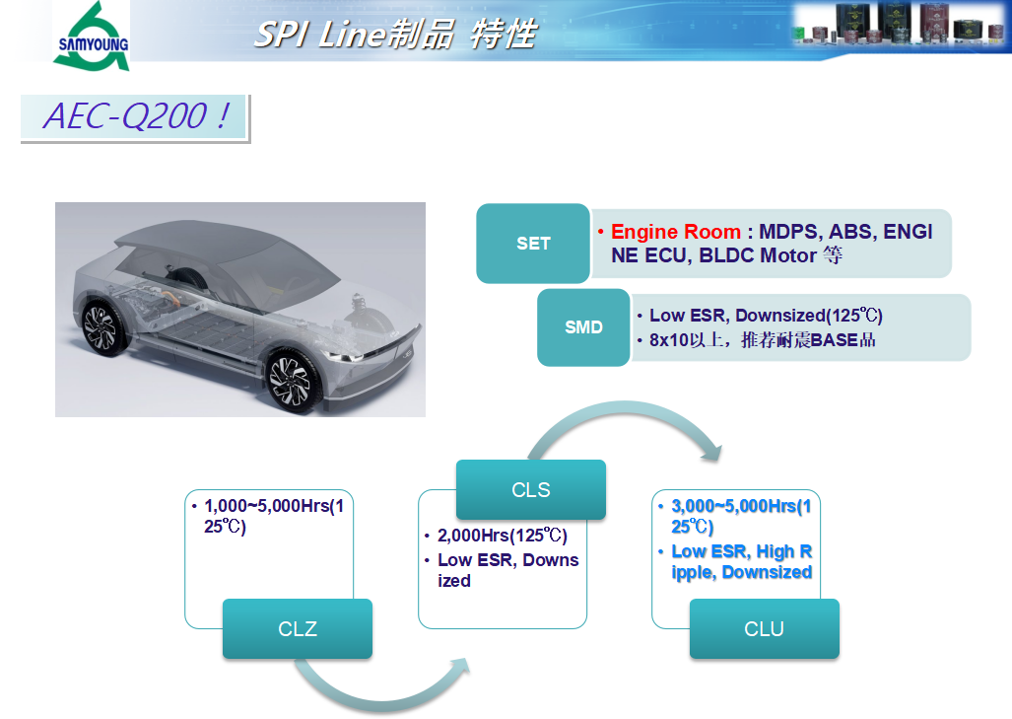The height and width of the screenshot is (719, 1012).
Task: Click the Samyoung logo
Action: click(92, 36)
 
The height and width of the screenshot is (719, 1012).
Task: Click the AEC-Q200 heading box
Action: click(135, 117)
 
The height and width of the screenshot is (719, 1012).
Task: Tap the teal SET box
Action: click(532, 244)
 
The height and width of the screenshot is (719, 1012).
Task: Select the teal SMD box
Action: click(583, 327)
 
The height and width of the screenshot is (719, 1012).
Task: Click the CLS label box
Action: click(530, 489)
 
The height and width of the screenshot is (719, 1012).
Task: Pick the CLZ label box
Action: click(298, 628)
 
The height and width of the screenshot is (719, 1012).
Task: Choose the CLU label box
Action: click(764, 628)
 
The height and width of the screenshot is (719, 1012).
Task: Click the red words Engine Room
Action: click(676, 231)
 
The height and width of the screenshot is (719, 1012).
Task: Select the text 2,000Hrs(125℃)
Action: click(503, 536)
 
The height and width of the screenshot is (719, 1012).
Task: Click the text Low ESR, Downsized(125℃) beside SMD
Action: click(766, 316)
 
